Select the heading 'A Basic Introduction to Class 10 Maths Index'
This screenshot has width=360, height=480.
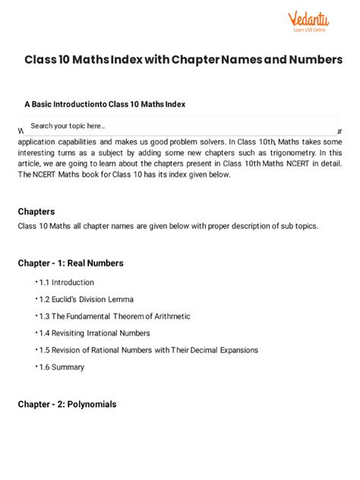tap(105, 104)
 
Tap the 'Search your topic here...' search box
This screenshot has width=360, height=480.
tap(180, 125)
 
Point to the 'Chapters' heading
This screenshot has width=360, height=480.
tap(36, 211)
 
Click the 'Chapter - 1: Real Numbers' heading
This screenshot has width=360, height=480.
tap(71, 264)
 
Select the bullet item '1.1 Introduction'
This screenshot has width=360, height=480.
tap(67, 283)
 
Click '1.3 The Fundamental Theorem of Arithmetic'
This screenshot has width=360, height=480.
tap(115, 316)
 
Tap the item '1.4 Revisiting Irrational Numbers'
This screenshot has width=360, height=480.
tap(95, 333)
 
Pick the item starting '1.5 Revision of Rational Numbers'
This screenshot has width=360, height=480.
tap(149, 350)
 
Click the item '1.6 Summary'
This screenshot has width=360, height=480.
tap(62, 367)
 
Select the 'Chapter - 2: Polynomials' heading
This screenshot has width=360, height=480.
tap(68, 404)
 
